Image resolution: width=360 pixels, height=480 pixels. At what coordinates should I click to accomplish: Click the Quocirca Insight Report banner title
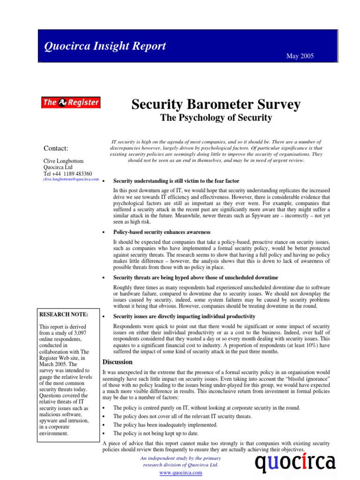click(x=105, y=46)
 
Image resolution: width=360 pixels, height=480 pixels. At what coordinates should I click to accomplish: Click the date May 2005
click(x=300, y=56)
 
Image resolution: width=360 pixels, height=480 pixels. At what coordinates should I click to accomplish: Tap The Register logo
click(x=71, y=102)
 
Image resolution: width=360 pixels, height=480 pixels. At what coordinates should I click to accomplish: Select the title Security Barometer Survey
click(x=216, y=104)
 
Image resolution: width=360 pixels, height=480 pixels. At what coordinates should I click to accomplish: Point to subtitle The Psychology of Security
click(x=216, y=118)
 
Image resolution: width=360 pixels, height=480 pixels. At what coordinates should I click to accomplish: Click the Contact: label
click(x=56, y=149)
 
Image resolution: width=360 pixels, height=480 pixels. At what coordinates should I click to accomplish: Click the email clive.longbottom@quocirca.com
click(x=71, y=179)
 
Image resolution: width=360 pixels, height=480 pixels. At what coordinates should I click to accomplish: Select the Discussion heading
click(x=117, y=362)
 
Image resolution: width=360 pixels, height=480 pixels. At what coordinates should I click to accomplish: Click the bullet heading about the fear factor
click(x=176, y=181)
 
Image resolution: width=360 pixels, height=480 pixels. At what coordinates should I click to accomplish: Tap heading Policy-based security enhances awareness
click(x=162, y=232)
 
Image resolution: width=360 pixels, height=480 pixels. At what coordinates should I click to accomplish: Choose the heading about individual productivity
click(x=184, y=316)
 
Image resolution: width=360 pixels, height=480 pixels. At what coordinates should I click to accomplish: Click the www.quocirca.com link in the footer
click(x=181, y=473)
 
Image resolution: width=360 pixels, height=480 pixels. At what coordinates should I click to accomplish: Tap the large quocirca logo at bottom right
click(x=295, y=463)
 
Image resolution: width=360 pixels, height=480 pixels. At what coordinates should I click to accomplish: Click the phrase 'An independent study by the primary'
click(x=180, y=458)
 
